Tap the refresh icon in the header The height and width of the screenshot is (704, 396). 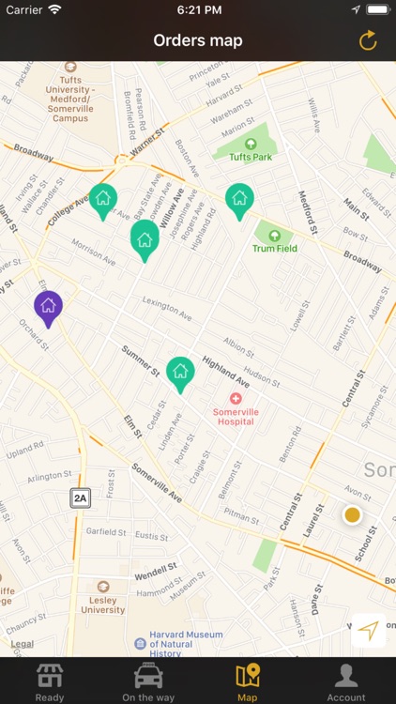point(368,40)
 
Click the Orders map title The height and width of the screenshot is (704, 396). point(198,40)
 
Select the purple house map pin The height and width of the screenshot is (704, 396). point(48,307)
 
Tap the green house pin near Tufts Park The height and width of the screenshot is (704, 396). point(239,199)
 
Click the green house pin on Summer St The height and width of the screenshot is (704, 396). point(180,373)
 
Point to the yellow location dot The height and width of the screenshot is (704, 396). point(352,514)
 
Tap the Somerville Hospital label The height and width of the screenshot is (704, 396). point(235,417)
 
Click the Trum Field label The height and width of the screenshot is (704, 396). point(274,249)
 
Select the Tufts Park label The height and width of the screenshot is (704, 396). point(251,157)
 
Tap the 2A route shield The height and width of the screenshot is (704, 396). point(81,498)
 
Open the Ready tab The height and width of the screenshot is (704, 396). point(50,681)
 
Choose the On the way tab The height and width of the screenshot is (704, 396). point(148,681)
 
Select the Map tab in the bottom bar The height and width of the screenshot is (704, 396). point(248,681)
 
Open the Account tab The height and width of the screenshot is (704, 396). point(346,681)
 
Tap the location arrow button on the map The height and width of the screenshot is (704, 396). point(369,630)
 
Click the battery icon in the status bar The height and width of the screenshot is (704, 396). point(377,9)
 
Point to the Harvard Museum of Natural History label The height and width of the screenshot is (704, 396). point(185,643)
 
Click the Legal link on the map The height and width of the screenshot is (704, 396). point(23,644)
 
